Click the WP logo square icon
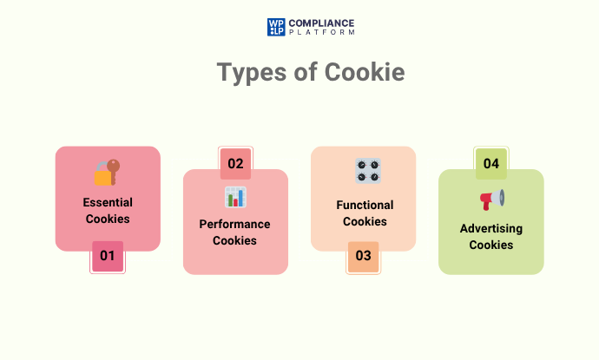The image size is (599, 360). click(x=276, y=27)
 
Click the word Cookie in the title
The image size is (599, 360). click(x=364, y=73)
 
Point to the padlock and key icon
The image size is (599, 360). click(x=107, y=172)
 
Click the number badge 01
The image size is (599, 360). click(x=108, y=256)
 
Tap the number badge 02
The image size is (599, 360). click(x=235, y=163)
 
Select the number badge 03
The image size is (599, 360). click(x=363, y=256)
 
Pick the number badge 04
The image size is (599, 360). click(x=491, y=163)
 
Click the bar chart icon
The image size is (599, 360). click(x=235, y=197)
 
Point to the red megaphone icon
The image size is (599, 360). click(x=491, y=200)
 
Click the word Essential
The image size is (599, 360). click(x=108, y=203)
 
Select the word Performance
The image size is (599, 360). click(x=235, y=224)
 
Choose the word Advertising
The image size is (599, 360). click(x=491, y=228)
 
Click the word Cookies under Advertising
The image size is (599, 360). click(x=491, y=245)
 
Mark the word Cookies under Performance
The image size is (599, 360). click(x=235, y=240)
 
